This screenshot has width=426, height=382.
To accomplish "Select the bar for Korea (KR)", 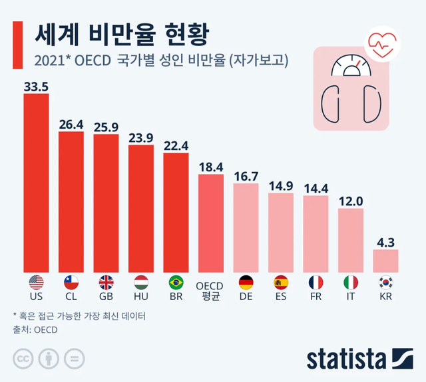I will tap(385, 260).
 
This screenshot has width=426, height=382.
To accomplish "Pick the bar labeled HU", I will tap(141, 207).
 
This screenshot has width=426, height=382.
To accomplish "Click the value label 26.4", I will tap(71, 124).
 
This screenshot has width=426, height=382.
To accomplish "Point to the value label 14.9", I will tap(281, 185).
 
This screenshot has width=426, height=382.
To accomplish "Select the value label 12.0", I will tap(351, 201).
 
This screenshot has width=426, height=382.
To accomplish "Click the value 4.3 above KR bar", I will tap(385, 242).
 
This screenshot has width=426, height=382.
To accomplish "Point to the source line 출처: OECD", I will tap(35, 329).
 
